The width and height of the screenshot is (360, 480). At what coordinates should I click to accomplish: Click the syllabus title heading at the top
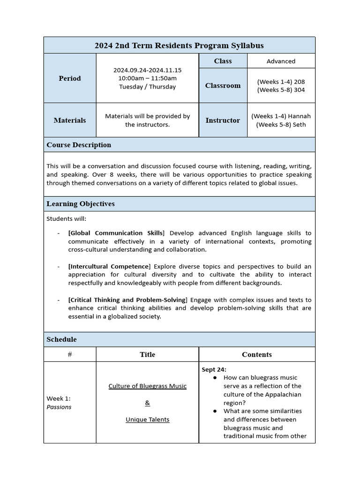point(179,45)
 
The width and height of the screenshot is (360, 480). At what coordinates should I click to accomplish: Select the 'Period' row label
point(70,78)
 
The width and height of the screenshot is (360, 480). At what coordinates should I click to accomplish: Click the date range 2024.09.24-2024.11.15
point(147,70)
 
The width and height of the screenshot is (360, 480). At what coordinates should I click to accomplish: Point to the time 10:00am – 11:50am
point(147,78)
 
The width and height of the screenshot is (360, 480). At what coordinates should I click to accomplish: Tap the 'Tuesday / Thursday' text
point(147,87)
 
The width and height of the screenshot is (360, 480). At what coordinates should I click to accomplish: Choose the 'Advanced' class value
point(281,61)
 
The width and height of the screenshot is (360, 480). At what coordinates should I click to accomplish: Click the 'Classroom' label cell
point(223,86)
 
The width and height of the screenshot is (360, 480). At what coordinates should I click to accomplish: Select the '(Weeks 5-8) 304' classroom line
point(281,90)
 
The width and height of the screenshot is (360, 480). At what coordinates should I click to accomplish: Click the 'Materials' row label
point(70,120)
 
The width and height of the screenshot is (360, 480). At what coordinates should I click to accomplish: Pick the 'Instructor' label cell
point(223,120)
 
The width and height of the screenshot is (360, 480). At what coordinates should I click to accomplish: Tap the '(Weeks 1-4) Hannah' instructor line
point(281,116)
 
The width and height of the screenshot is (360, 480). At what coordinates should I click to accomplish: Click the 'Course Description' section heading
point(79,145)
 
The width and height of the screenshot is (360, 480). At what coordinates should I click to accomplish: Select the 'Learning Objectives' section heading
point(81,204)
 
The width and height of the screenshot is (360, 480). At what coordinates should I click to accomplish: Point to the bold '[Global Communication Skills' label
point(116,233)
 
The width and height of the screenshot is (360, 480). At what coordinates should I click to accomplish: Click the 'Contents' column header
point(256,354)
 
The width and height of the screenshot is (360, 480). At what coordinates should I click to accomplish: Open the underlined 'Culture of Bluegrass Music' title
point(147,386)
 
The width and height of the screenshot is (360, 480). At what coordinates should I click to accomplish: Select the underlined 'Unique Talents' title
point(147,420)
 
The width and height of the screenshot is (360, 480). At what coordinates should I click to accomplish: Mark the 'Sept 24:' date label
point(214,369)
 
